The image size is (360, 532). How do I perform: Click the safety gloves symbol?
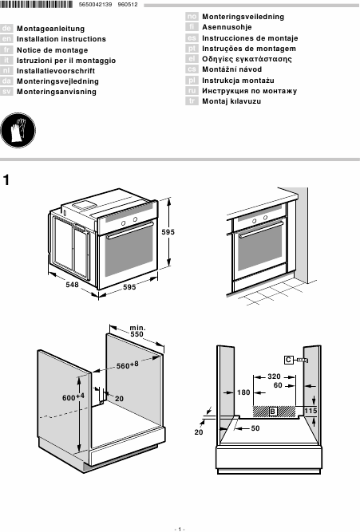pos(18,130)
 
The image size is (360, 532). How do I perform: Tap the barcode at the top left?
pos(37,5)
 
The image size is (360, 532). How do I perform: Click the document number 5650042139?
pos(95,5)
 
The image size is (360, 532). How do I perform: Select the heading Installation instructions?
pos(61,39)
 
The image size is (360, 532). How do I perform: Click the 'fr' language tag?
pos(6,50)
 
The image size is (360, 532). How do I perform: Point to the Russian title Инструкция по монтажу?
pos(250,91)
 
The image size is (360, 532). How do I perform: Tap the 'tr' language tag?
pos(192,101)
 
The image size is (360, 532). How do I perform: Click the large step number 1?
pos(6,180)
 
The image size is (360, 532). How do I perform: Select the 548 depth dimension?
pos(73,284)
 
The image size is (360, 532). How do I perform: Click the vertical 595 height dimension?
pos(168,232)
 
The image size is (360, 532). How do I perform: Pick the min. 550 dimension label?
pos(137,331)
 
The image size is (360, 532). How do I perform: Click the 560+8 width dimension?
pos(128,365)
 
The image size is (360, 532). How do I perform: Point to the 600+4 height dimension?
pos(73,396)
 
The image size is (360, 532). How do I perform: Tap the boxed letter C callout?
pos(289,360)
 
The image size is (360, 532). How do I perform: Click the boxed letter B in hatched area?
pos(273,412)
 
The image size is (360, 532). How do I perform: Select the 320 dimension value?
pos(274,376)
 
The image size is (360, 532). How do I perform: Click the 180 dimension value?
pos(243,392)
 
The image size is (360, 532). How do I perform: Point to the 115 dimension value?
pos(311,411)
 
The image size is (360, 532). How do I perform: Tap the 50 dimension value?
pos(255,428)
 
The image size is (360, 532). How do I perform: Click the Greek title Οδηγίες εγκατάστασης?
pos(247,59)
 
